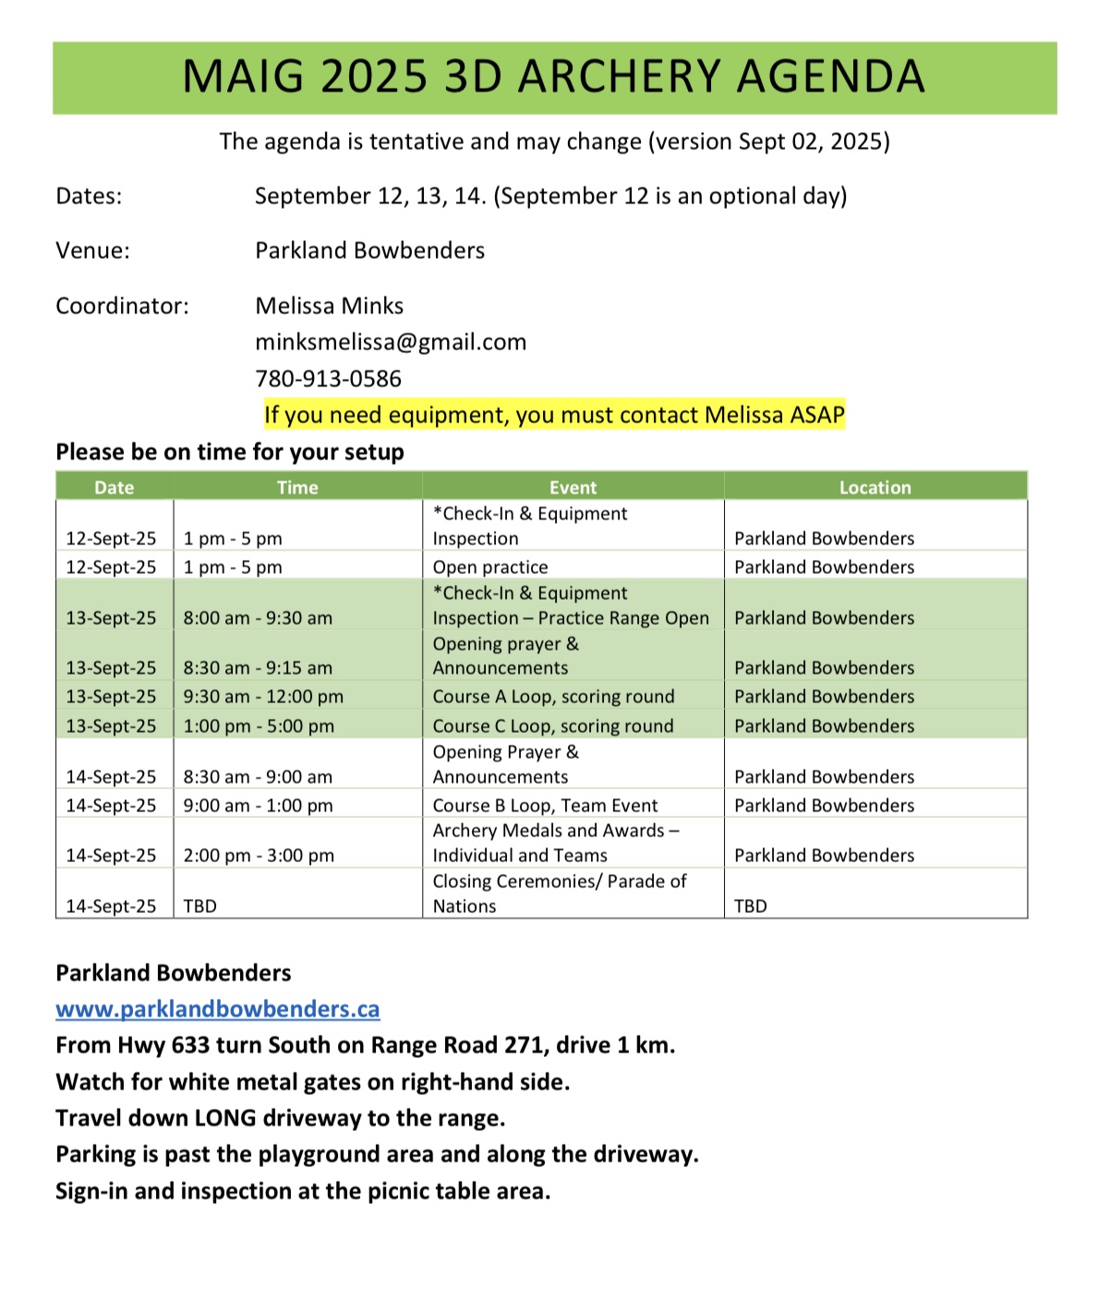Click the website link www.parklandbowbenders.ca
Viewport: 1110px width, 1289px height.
pos(217,1009)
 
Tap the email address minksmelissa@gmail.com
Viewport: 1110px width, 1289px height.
pos(391,342)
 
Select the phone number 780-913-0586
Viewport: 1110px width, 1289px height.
pos(328,379)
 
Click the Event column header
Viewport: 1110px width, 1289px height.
pos(573,487)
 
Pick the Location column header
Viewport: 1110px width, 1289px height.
pos(875,487)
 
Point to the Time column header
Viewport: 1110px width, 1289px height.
pos(297,487)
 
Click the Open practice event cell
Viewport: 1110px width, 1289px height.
pos(490,567)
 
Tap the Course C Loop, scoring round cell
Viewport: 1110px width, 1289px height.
pos(553,726)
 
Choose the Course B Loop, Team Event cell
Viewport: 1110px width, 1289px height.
pos(545,806)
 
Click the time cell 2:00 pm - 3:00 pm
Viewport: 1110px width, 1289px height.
pos(259,856)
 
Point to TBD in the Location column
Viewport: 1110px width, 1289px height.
pos(750,906)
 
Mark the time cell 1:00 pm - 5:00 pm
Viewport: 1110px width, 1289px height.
pos(259,726)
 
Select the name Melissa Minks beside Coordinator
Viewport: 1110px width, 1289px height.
pos(329,306)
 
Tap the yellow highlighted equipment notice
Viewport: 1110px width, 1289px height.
pos(554,415)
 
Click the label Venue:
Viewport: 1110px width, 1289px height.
pos(92,250)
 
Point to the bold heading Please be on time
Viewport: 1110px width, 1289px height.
pos(230,452)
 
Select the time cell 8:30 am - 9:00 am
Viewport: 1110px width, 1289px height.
pos(258,777)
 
